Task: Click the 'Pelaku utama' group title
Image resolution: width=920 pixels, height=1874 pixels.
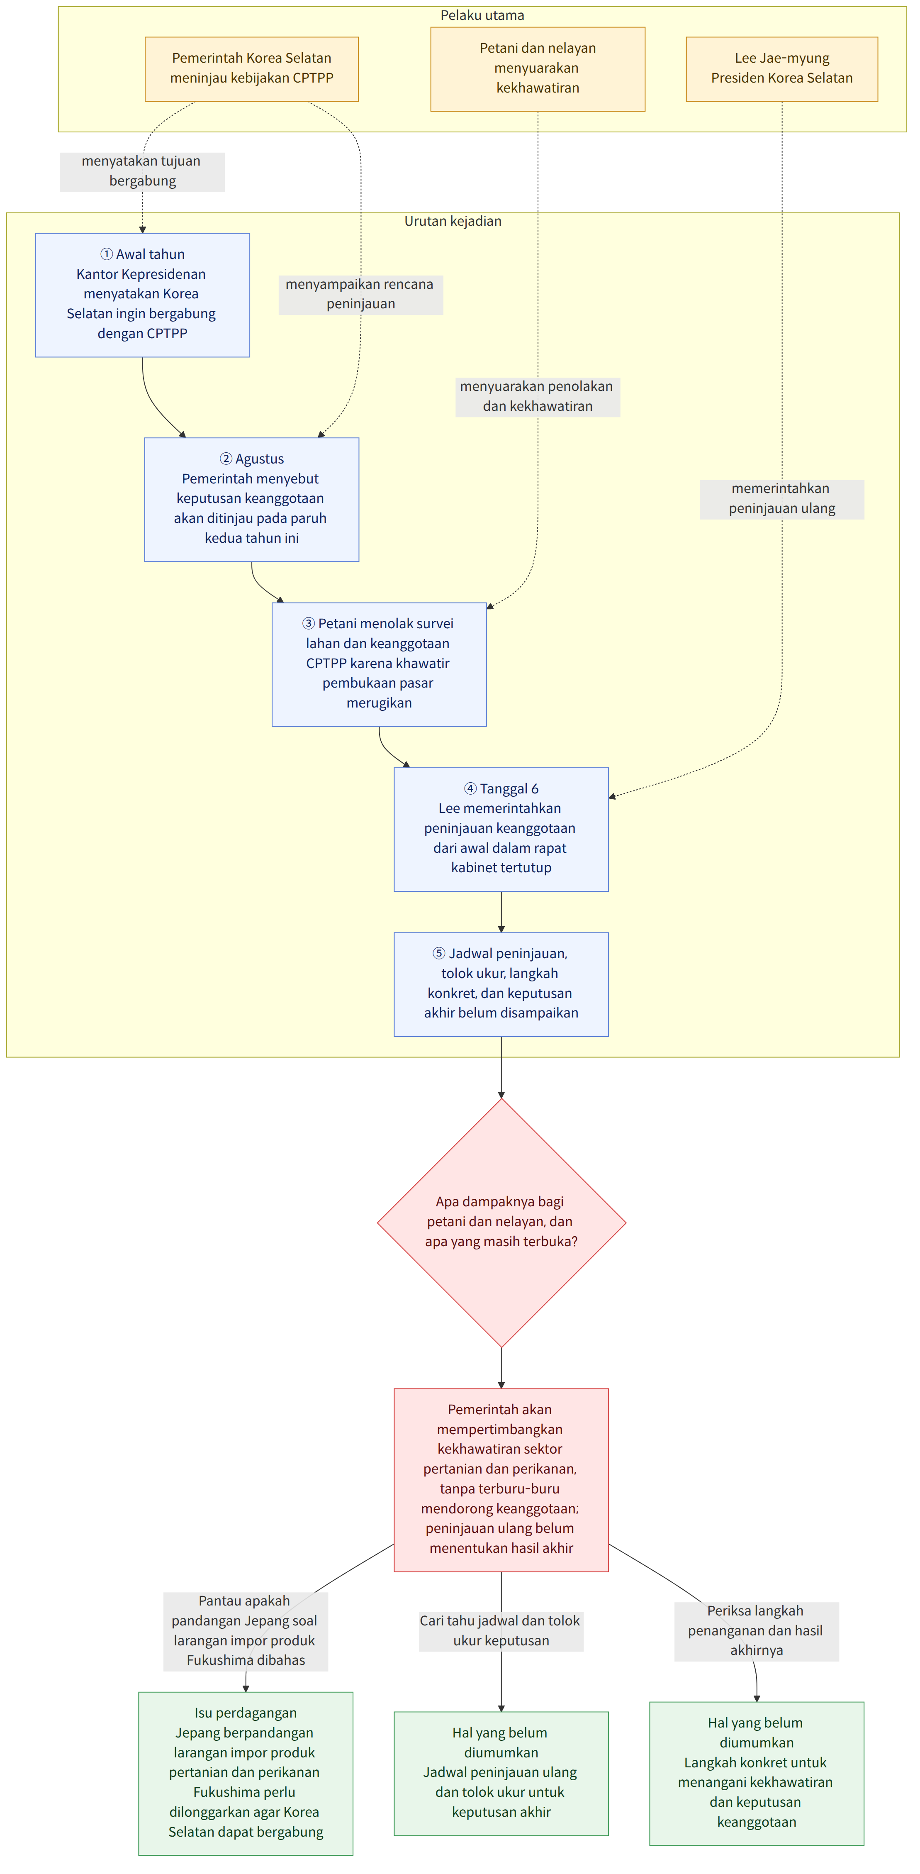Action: pos(482,15)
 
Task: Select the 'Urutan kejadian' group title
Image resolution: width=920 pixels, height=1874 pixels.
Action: pos(453,221)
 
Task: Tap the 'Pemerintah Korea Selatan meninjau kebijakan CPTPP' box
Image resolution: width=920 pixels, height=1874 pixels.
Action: pos(252,69)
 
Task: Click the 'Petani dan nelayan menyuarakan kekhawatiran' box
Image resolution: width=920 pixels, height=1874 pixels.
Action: pos(538,69)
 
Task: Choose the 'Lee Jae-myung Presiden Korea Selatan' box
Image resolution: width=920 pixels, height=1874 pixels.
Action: pos(782,69)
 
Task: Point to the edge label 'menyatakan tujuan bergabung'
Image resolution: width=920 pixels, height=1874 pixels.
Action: pos(143,172)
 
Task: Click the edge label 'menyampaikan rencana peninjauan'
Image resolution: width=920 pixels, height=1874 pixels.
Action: pos(361,295)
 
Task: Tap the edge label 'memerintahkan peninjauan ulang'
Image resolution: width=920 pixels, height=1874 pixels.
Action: pos(782,499)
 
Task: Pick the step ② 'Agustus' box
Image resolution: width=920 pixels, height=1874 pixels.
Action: pos(252,500)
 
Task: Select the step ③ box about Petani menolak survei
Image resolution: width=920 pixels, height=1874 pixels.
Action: pos(379,664)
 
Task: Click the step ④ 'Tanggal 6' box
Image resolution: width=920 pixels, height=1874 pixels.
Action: pos(501,830)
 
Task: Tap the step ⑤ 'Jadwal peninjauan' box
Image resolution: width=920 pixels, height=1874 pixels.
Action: pos(501,984)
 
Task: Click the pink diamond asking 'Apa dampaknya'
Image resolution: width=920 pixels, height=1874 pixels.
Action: pos(501,1222)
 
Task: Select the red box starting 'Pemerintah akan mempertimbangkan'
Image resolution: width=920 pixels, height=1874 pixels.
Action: pos(501,1480)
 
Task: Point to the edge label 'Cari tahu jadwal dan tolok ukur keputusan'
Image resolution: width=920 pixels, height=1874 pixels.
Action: pos(501,1631)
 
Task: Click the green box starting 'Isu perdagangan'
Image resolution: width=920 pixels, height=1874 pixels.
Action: pos(246,1773)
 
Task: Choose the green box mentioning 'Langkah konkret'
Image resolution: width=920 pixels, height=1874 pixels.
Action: pos(756,1773)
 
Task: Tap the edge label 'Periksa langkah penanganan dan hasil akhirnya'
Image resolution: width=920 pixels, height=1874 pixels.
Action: pos(756,1631)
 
